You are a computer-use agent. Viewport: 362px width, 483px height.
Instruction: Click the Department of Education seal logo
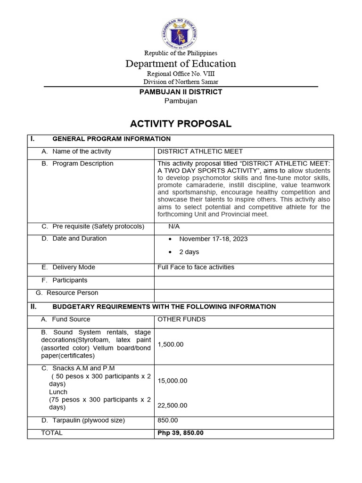tap(181, 29)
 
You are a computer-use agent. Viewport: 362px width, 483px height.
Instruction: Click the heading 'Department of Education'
tap(181, 64)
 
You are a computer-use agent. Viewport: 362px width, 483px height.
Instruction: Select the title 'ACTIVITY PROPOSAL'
tap(181, 124)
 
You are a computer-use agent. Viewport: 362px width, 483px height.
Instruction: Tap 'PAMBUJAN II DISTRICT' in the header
tap(181, 92)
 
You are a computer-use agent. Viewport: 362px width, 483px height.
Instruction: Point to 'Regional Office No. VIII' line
tap(181, 74)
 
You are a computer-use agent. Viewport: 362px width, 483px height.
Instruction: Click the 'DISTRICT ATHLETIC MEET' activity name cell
tap(200, 151)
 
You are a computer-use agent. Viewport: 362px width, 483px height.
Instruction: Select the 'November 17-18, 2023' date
tap(213, 239)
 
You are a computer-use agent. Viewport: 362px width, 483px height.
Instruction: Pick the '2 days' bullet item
tap(189, 252)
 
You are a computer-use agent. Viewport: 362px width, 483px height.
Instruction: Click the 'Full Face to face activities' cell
tap(196, 267)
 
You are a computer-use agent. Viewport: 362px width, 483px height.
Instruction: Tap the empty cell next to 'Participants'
tap(243, 281)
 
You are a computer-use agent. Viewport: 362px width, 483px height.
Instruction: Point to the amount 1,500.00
tap(170, 344)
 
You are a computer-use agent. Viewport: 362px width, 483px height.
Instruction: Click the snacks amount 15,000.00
tap(173, 381)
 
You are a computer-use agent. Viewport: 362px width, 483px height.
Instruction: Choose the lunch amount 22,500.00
tap(173, 405)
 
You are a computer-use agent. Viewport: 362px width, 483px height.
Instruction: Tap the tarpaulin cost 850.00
tap(167, 420)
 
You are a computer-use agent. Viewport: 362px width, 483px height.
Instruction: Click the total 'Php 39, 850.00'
tap(181, 433)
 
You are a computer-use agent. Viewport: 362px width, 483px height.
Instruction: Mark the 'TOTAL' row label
tap(52, 433)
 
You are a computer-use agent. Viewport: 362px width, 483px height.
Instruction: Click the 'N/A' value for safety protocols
tap(174, 226)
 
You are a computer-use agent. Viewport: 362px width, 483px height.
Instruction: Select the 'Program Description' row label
tap(82, 164)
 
